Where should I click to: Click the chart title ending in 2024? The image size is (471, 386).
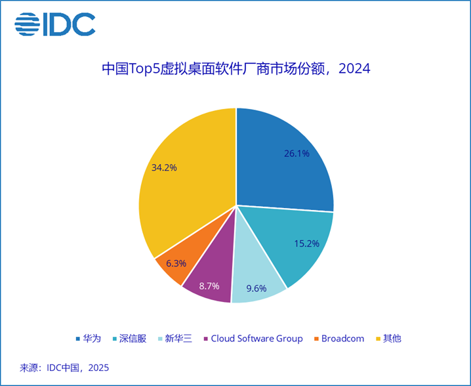235,68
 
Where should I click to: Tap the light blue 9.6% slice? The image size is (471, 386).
259,279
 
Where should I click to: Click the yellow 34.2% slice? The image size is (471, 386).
184,184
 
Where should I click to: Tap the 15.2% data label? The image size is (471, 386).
306,244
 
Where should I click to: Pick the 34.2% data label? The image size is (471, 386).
164,167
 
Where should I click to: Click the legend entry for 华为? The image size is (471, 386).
88,339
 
